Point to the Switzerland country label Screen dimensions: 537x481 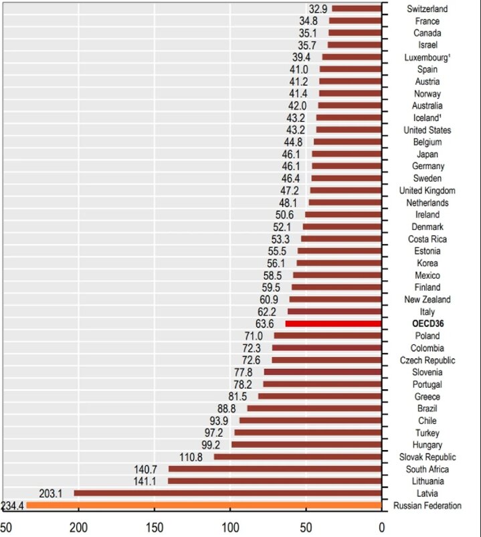click(427, 9)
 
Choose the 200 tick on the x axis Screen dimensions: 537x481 click(79, 526)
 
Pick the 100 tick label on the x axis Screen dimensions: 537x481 click(231, 526)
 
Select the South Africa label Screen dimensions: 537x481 click(427, 469)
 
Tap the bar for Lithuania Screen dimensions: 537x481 click(274, 481)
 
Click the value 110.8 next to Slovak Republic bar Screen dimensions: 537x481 click(197, 457)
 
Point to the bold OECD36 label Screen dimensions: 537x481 click(427, 324)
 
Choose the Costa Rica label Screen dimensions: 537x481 click(427, 239)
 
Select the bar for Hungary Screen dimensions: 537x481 click(306, 445)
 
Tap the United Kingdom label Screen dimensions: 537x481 click(427, 191)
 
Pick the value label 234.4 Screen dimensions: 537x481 click(13, 506)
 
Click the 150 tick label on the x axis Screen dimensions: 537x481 click(155, 526)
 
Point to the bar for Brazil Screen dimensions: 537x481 click(314, 409)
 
